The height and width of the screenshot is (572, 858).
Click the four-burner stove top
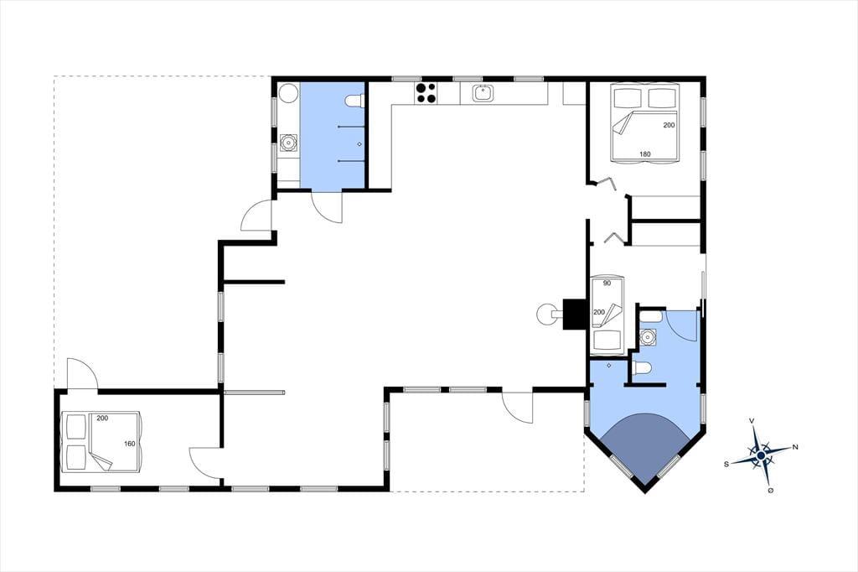click(426, 93)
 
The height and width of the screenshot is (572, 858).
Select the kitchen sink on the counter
click(482, 93)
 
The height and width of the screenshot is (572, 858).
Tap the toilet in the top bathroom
click(355, 101)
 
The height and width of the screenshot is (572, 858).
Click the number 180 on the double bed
click(645, 154)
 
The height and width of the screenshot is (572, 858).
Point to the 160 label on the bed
click(129, 444)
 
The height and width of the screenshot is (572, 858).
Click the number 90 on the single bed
click(607, 283)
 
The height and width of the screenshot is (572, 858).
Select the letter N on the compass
click(795, 447)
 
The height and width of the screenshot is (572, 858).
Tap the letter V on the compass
click(752, 421)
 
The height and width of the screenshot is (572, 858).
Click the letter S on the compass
click(726, 464)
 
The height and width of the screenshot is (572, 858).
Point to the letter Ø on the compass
click(771, 491)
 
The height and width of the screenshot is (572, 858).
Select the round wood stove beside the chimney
click(547, 315)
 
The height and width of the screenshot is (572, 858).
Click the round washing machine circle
click(288, 94)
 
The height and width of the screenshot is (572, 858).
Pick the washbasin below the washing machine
click(288, 143)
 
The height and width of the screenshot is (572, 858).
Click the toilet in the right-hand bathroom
click(641, 369)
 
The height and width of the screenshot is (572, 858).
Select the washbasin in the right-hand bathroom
click(649, 337)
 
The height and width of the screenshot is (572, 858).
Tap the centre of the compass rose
click(761, 455)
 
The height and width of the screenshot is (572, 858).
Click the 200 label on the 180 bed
click(669, 125)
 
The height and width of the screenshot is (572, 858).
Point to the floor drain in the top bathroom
click(359, 144)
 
